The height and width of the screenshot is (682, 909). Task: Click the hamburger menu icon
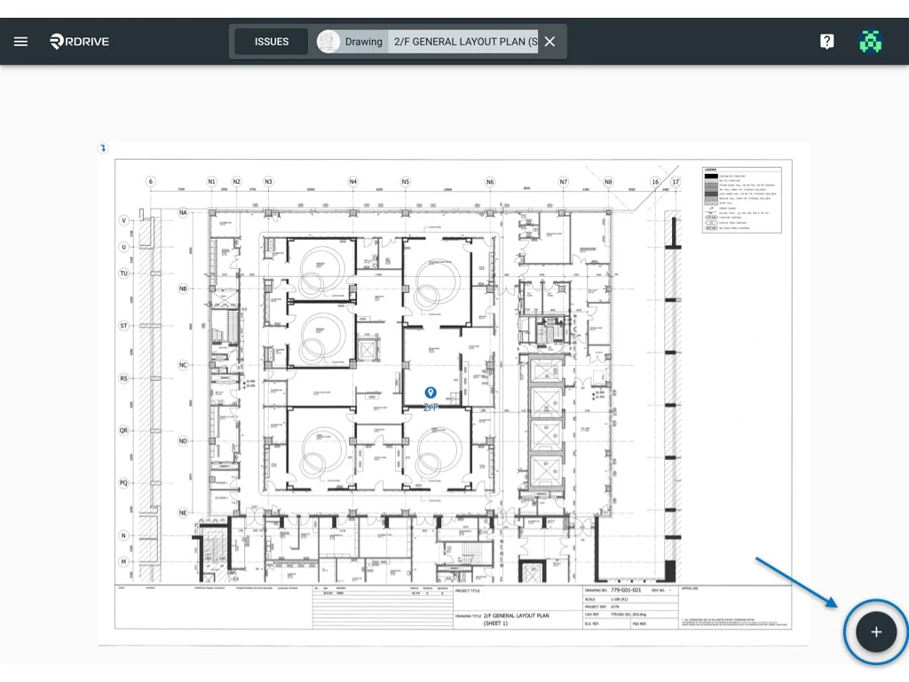click(20, 42)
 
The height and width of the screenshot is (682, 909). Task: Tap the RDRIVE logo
click(80, 42)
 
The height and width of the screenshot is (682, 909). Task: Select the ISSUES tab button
click(272, 42)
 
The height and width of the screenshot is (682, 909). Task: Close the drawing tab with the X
click(549, 42)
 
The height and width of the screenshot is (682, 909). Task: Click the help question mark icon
click(826, 42)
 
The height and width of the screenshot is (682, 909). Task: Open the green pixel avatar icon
click(870, 42)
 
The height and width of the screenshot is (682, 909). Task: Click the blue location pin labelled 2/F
click(431, 393)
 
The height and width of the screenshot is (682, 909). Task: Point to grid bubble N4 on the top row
click(352, 182)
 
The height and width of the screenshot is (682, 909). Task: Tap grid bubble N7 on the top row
click(564, 182)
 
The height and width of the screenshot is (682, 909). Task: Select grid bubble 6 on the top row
click(151, 182)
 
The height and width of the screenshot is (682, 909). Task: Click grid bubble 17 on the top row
click(676, 182)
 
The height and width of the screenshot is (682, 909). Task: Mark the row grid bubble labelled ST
click(124, 326)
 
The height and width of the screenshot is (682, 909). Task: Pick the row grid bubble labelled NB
click(183, 289)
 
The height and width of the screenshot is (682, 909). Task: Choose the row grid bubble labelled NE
click(183, 512)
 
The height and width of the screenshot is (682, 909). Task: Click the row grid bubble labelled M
click(124, 562)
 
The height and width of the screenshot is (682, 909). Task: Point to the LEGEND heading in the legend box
click(710, 169)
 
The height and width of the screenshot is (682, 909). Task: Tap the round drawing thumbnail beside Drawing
click(328, 42)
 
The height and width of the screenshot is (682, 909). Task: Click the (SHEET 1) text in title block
click(498, 623)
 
